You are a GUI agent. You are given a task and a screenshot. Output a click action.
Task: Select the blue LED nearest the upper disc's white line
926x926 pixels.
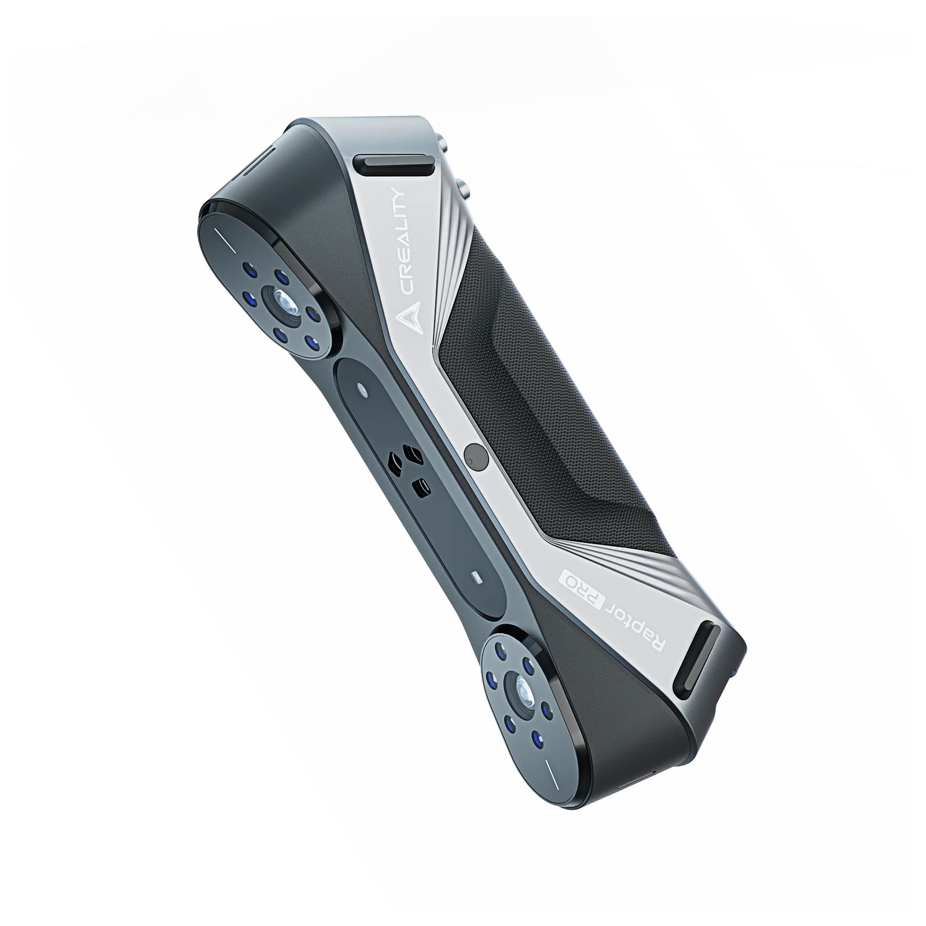click(249, 269)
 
